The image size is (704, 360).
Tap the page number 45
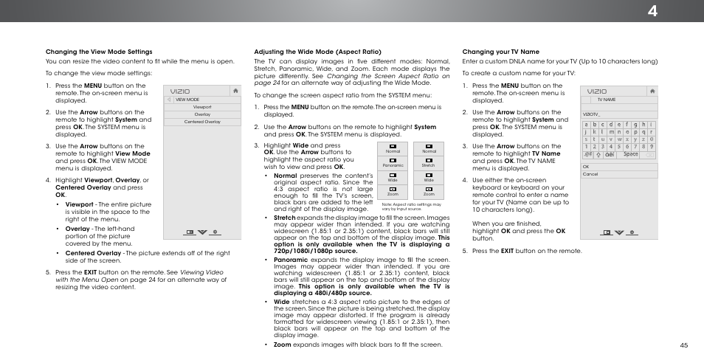tap(684, 345)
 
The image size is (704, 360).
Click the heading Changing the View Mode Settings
tap(99, 52)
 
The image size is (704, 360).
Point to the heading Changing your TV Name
tap(500, 52)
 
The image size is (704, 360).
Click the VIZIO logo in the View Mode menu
tap(180, 91)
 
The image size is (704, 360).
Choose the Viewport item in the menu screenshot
tap(202, 107)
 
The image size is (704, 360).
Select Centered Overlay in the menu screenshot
tap(202, 122)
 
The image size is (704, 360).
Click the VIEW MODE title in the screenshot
tap(187, 100)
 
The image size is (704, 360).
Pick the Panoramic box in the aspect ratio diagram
tap(393, 162)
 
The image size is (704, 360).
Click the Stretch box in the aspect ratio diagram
tap(429, 162)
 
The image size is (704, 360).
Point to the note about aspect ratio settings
tap(412, 207)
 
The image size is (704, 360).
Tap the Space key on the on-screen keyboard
tap(630, 154)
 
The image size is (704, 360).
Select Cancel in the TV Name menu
tap(590, 174)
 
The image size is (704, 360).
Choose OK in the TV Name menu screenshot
tap(587, 167)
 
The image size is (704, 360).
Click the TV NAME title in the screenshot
tap(607, 99)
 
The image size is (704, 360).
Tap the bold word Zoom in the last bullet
tap(281, 345)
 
